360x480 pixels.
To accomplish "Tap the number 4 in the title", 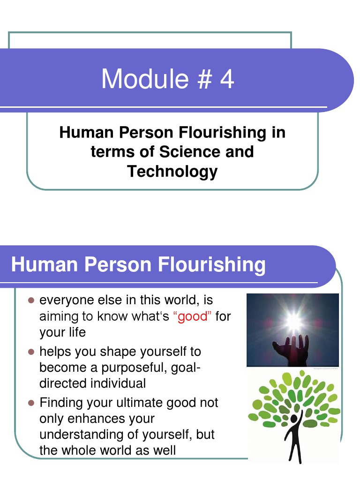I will (x=227, y=79).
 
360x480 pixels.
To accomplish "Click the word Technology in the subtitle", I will (x=172, y=172).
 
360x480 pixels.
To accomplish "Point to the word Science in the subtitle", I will (x=190, y=152).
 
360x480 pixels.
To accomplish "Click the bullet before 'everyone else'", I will (x=31, y=300).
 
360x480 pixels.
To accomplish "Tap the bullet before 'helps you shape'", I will (x=31, y=352).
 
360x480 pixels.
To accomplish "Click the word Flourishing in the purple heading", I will (x=211, y=265).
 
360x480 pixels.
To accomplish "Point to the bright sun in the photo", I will (x=294, y=321).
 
